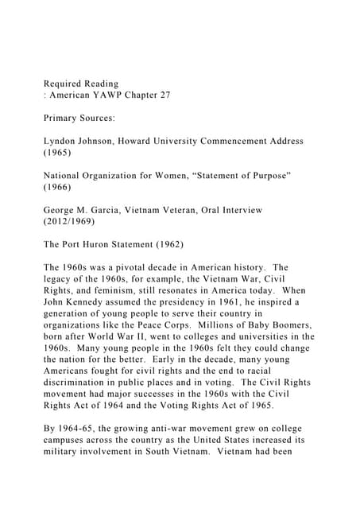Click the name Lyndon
64,141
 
